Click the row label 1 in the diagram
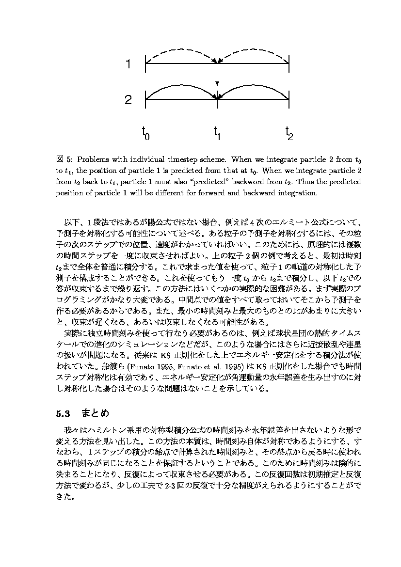pos(128,63)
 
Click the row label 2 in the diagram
pos(128,100)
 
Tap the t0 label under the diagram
pos(145,132)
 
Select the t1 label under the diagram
pos(217,132)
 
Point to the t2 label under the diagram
pos(289,132)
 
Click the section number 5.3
pos(63,414)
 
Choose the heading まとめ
pos(95,414)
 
